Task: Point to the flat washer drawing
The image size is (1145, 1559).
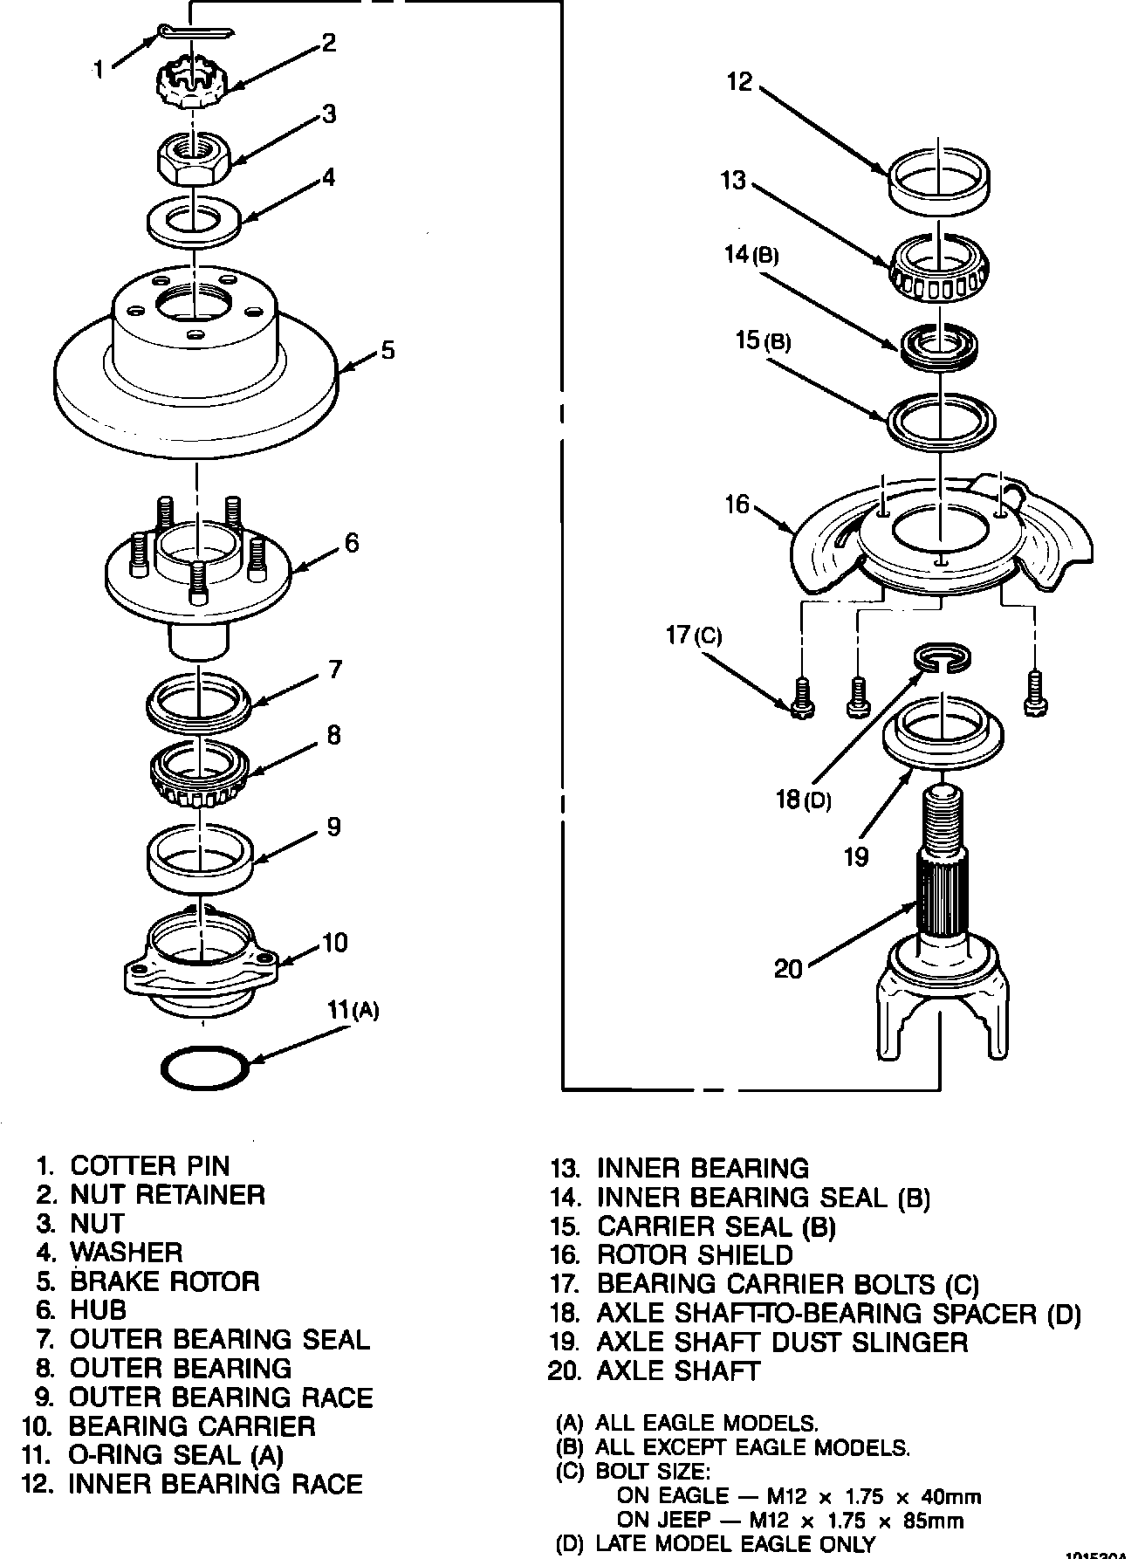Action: [193, 223]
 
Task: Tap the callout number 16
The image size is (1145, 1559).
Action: [737, 505]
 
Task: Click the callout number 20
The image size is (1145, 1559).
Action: [788, 969]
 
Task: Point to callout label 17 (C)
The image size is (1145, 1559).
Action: [694, 635]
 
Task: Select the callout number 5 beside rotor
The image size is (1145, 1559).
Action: [387, 351]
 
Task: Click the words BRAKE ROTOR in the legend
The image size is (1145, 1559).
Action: [165, 1282]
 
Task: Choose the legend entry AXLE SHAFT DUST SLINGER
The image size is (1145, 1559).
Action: [782, 1343]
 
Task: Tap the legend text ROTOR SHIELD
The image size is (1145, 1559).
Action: [695, 1255]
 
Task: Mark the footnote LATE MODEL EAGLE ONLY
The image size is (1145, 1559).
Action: [735, 1543]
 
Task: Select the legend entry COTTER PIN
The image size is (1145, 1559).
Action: [149, 1166]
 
